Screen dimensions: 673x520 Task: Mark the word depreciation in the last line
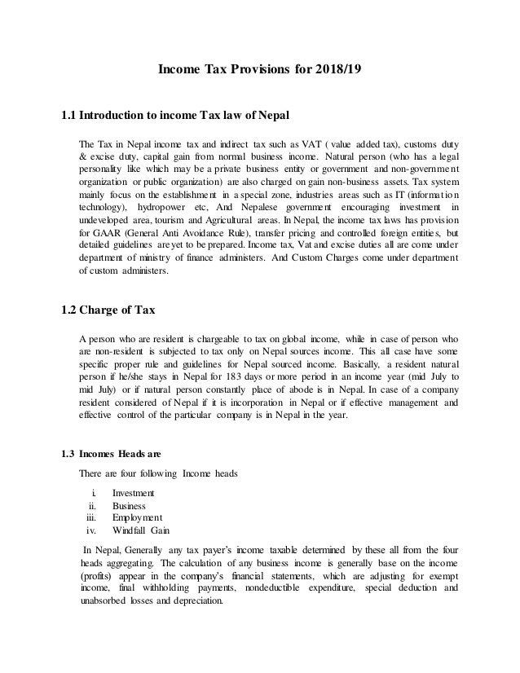click(x=194, y=601)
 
